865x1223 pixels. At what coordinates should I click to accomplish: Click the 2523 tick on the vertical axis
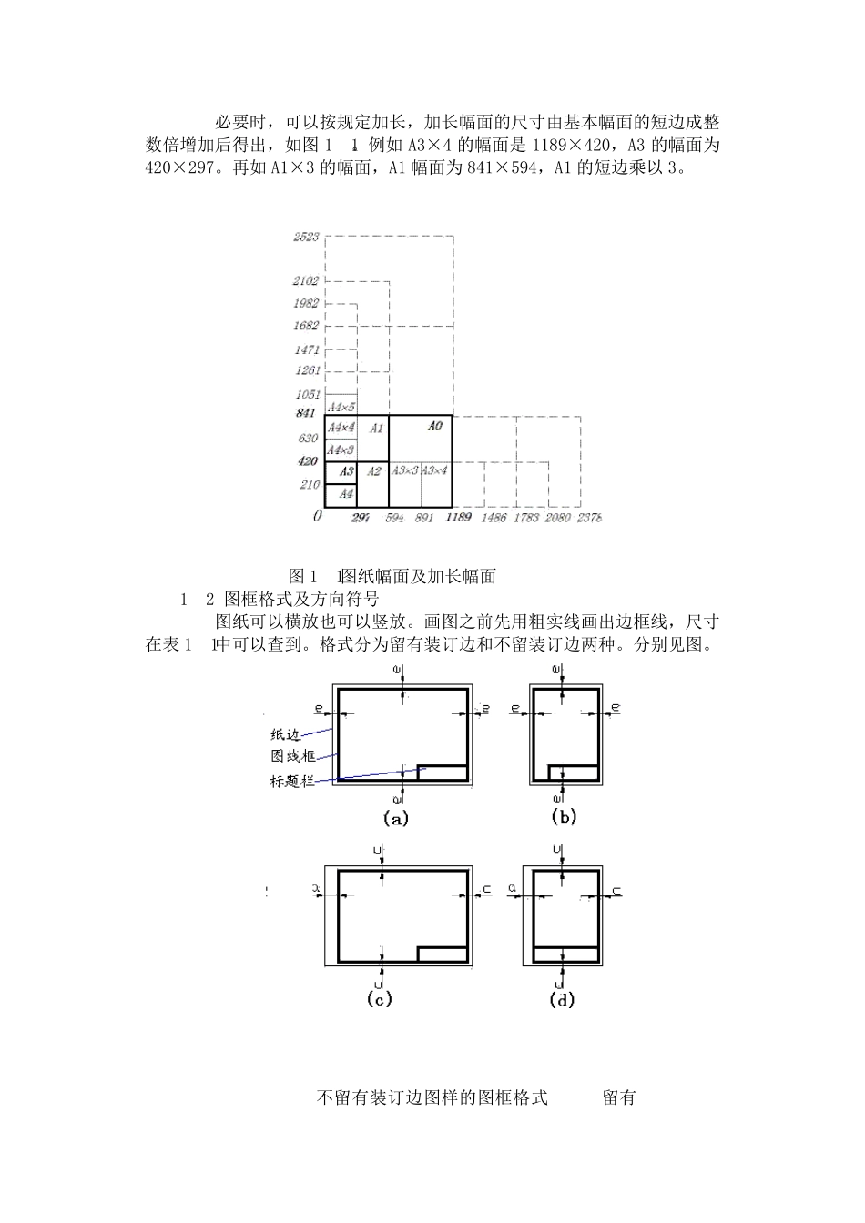(306, 237)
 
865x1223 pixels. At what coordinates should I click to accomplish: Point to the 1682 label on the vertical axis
(306, 326)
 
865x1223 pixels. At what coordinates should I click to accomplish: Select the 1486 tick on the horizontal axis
(494, 518)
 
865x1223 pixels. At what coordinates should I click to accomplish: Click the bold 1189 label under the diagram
(458, 518)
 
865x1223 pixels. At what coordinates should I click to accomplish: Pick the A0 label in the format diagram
(434, 426)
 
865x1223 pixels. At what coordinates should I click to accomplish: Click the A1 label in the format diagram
(376, 428)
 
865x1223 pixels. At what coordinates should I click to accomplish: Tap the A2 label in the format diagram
(373, 471)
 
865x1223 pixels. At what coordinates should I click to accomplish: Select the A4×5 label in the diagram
(341, 407)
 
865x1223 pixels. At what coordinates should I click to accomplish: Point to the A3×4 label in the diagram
(435, 470)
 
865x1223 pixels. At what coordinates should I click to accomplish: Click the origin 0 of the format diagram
(317, 516)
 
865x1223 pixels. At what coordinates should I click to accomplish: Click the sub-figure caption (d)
(563, 999)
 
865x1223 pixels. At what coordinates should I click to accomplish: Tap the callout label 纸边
(285, 734)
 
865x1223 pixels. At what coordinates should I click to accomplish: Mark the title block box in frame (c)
(443, 954)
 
